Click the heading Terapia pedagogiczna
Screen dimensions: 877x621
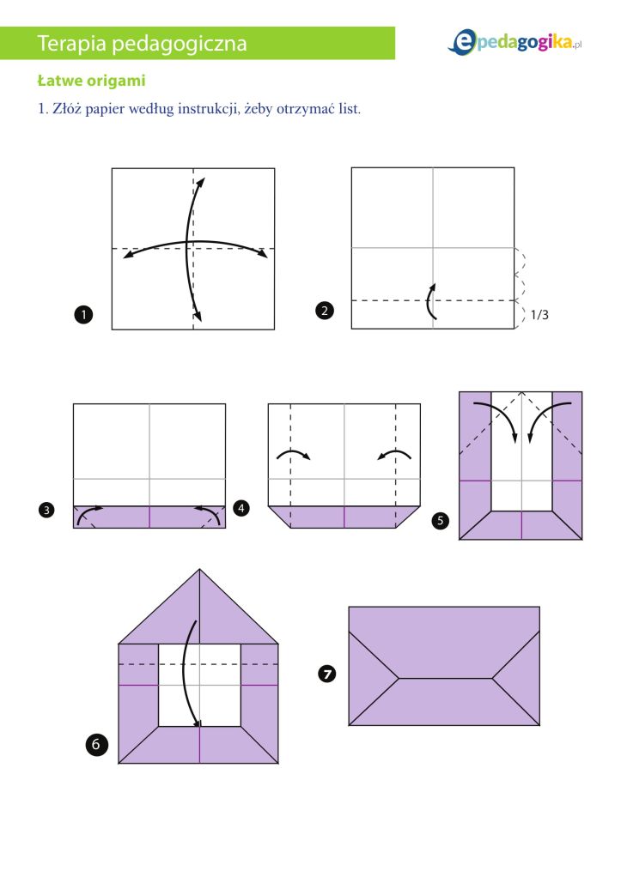tap(143, 43)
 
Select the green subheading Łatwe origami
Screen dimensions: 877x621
tap(91, 82)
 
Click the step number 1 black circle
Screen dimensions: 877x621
tap(83, 316)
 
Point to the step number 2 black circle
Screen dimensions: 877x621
tap(325, 311)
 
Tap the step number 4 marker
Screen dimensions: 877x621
tap(241, 508)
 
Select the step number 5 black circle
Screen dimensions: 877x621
tap(441, 520)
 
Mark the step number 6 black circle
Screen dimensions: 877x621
tap(97, 745)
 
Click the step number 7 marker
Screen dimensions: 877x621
tap(326, 674)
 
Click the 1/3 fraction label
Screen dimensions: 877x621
tap(539, 315)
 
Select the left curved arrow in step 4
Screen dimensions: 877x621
tap(292, 455)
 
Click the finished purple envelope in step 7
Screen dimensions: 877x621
tap(444, 666)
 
